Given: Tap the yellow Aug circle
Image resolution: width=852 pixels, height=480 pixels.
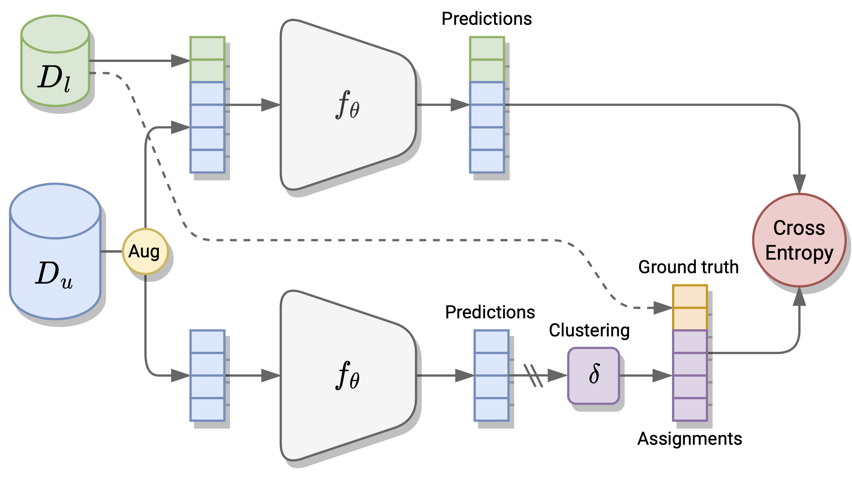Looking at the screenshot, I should pyautogui.click(x=145, y=252).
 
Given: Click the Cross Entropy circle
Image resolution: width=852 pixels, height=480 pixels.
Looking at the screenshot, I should pyautogui.click(x=799, y=240).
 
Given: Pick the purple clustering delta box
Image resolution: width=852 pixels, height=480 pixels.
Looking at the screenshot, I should pyautogui.click(x=593, y=375).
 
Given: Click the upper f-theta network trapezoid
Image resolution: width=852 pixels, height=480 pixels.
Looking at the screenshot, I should pyautogui.click(x=347, y=105).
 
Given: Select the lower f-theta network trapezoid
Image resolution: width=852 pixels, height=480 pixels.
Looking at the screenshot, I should pyautogui.click(x=347, y=375).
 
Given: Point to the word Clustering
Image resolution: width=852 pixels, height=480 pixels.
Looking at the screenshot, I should pyautogui.click(x=589, y=331).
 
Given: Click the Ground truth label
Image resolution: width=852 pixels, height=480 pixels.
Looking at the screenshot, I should pyautogui.click(x=688, y=267).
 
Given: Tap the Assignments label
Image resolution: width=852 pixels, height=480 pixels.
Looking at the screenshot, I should pyautogui.click(x=690, y=439).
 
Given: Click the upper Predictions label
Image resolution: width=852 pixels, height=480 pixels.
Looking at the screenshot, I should pyautogui.click(x=486, y=19).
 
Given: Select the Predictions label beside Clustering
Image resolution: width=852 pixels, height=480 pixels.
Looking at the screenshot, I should pyautogui.click(x=490, y=312).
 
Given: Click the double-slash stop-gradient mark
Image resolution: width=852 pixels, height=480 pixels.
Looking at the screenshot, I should pyautogui.click(x=533, y=375).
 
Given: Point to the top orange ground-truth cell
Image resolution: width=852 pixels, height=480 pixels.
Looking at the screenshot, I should pyautogui.click(x=690, y=297).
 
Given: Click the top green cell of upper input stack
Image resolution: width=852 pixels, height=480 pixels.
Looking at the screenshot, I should pyautogui.click(x=207, y=48).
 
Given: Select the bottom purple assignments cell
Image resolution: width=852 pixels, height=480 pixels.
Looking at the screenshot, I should pyautogui.click(x=690, y=409).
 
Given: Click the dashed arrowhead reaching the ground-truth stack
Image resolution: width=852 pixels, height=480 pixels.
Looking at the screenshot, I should pyautogui.click(x=663, y=308).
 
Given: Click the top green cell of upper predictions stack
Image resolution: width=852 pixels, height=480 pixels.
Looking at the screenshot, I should pyautogui.click(x=486, y=48).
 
